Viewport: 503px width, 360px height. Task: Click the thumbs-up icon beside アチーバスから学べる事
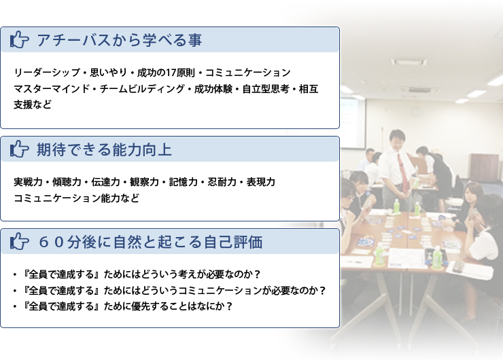tap(20, 40)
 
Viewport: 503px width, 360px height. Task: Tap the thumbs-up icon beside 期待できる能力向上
tap(20, 149)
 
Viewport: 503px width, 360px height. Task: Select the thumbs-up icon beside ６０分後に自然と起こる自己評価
tap(20, 241)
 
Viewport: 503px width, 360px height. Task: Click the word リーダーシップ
tap(47, 73)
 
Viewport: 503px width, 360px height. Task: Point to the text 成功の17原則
tap(166, 73)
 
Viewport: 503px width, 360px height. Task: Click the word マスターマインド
tap(52, 88)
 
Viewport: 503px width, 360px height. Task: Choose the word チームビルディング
tap(142, 88)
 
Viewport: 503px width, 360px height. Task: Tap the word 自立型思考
tap(266, 88)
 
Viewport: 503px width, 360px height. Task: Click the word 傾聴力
tap(67, 182)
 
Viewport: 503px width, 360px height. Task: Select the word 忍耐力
tap(222, 182)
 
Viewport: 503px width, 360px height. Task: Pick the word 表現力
tap(261, 182)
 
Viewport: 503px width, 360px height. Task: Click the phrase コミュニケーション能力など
tap(76, 198)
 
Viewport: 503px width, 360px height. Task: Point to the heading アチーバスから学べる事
tap(120, 40)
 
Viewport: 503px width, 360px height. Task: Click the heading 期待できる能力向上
tap(104, 149)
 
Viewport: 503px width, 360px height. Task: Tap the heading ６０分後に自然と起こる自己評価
tap(150, 242)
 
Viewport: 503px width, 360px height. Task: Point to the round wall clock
tap(416, 112)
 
